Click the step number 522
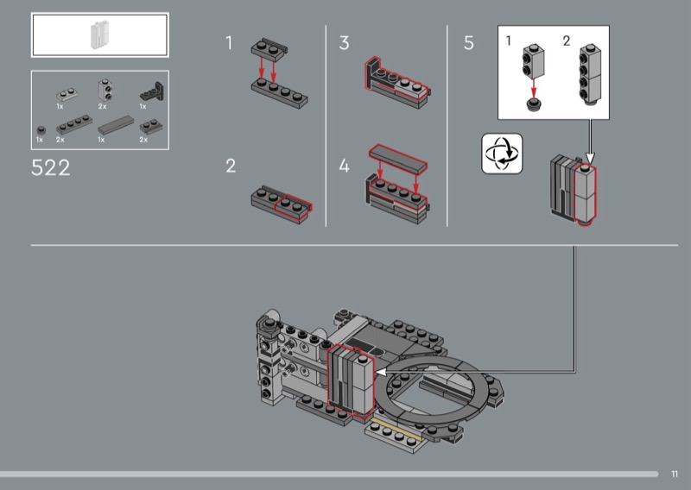(x=51, y=167)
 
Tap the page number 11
(x=675, y=474)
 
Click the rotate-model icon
(x=502, y=154)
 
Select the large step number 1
(x=229, y=43)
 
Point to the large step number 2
(x=231, y=166)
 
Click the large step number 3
(x=344, y=43)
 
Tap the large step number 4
(x=344, y=166)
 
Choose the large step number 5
(x=469, y=43)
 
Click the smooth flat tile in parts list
(x=116, y=124)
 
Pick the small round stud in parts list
(x=41, y=130)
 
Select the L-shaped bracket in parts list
(x=152, y=91)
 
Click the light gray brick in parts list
(x=105, y=91)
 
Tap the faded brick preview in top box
(x=99, y=35)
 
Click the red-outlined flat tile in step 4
(x=398, y=158)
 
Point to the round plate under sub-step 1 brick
(x=534, y=104)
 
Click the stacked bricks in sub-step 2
(x=590, y=74)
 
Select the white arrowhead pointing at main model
(x=381, y=373)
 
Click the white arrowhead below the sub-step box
(x=590, y=158)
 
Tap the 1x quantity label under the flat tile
(x=101, y=140)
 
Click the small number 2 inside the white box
(x=567, y=41)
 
